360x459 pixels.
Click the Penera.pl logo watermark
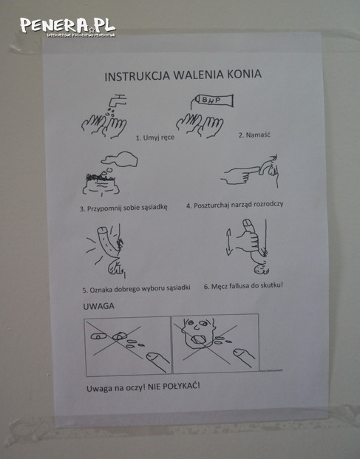click(x=67, y=27)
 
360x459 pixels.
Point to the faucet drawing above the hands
click(x=115, y=101)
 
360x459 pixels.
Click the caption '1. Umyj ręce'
click(x=154, y=137)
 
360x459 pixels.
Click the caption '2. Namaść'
click(x=251, y=135)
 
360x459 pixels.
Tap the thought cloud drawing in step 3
click(x=119, y=158)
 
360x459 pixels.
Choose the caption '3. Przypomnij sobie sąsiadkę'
click(x=123, y=208)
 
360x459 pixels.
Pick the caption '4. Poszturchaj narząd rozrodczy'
click(x=234, y=205)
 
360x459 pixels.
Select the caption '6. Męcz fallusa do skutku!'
click(x=243, y=285)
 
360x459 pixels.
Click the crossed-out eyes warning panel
click(x=127, y=344)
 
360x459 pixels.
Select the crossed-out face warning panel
click(x=215, y=344)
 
